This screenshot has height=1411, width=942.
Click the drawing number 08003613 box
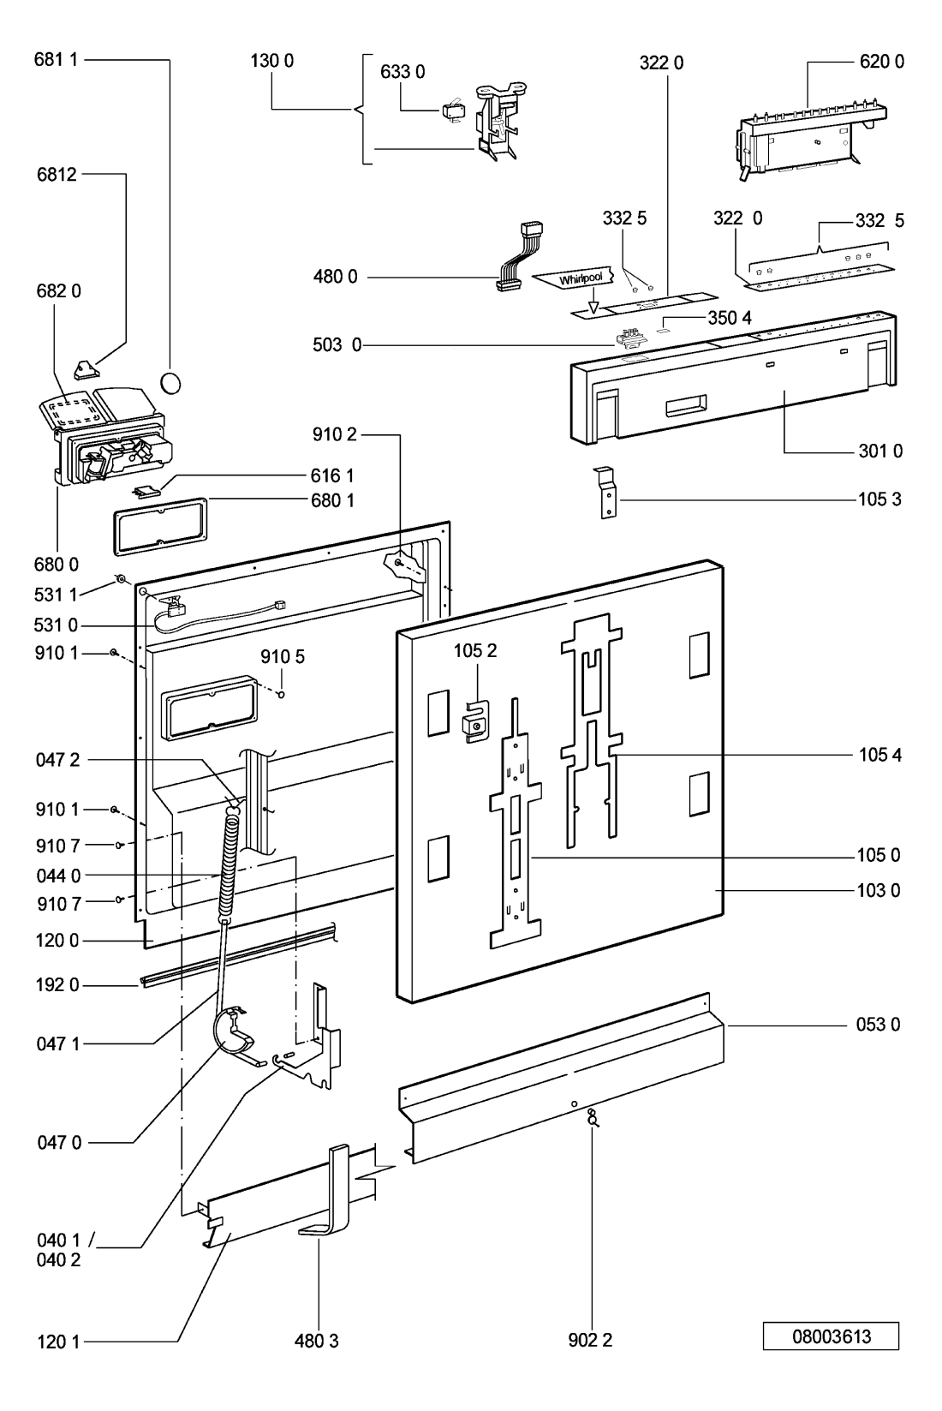830,1336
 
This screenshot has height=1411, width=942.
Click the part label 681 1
57,61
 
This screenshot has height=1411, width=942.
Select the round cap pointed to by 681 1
171,381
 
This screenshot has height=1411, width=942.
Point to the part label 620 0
881,61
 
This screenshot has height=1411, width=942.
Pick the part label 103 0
879,890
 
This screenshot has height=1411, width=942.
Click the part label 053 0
879,1024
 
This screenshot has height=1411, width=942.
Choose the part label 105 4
879,755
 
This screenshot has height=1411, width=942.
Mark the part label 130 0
273,61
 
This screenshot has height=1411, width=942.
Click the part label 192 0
57,985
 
